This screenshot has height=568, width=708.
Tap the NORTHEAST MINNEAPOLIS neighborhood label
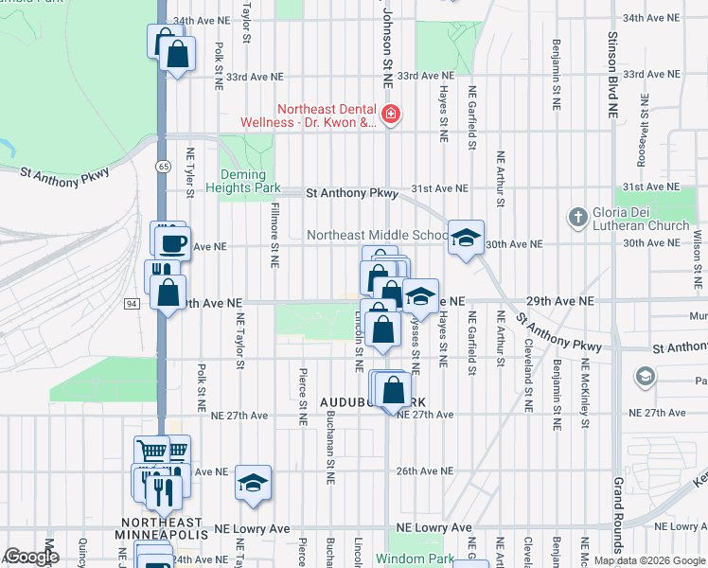[x=164, y=529]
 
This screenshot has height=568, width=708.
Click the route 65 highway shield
[x=165, y=167]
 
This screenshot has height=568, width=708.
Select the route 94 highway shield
[x=131, y=303]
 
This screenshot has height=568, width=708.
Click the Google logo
[x=32, y=557]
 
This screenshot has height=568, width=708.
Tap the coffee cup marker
[x=172, y=243]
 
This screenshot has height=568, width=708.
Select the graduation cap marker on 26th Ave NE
[x=253, y=483]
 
